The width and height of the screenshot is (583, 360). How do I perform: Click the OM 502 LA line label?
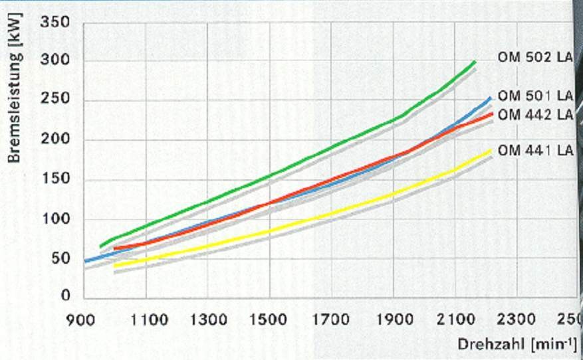(x=535, y=57)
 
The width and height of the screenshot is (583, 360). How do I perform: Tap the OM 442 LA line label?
(x=535, y=114)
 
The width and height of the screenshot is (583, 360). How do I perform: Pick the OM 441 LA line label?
(x=535, y=150)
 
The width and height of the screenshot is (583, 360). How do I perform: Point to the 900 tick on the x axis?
(x=80, y=319)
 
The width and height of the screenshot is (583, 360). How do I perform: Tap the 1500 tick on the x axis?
(x=269, y=319)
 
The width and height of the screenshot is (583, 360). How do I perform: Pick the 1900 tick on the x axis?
(x=393, y=319)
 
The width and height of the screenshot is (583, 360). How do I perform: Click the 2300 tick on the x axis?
(x=516, y=319)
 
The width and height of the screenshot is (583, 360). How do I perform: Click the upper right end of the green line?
(x=475, y=62)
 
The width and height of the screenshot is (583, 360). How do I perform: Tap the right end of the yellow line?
(x=491, y=150)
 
